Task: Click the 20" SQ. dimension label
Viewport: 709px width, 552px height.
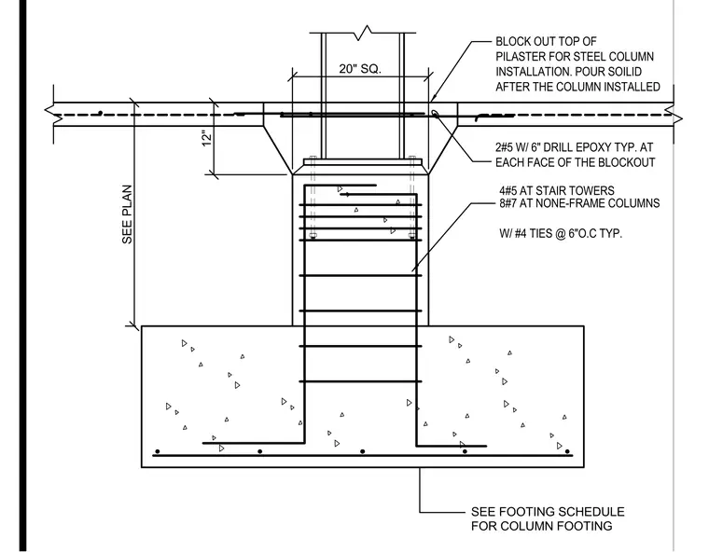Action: point(360,69)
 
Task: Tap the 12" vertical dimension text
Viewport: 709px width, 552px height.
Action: point(207,138)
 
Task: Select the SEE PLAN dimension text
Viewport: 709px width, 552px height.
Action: point(127,214)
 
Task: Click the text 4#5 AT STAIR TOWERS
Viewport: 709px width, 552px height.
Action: point(557,190)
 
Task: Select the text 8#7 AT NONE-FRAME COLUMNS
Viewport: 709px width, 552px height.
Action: point(579,203)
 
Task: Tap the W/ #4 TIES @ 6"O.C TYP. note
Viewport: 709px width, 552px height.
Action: point(561,233)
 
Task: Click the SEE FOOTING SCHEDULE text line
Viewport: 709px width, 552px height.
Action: point(548,512)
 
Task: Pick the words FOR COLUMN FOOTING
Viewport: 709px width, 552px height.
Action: point(542,526)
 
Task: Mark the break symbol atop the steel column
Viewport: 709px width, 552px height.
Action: point(363,33)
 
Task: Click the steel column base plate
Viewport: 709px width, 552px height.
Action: point(363,161)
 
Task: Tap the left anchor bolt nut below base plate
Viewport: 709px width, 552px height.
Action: point(313,235)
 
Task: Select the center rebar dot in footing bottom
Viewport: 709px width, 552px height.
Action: point(362,451)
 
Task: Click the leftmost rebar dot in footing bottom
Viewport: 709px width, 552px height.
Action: point(158,451)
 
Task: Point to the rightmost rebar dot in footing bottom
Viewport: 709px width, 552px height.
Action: point(567,451)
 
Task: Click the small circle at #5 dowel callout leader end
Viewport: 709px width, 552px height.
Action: point(434,113)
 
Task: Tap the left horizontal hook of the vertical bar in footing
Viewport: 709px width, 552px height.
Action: point(253,443)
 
